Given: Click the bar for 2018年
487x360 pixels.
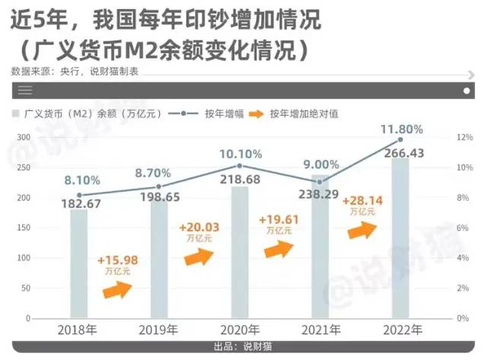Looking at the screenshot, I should pos(79,263).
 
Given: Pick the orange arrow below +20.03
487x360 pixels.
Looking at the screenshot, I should pos(199,256).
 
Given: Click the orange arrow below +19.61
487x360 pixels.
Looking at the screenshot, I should pos(279,249).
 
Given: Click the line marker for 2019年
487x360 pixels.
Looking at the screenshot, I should pos(159,186).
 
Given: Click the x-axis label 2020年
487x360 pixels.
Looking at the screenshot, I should pos(240,330).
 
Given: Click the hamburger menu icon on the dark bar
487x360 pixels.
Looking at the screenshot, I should pos(24,90).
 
